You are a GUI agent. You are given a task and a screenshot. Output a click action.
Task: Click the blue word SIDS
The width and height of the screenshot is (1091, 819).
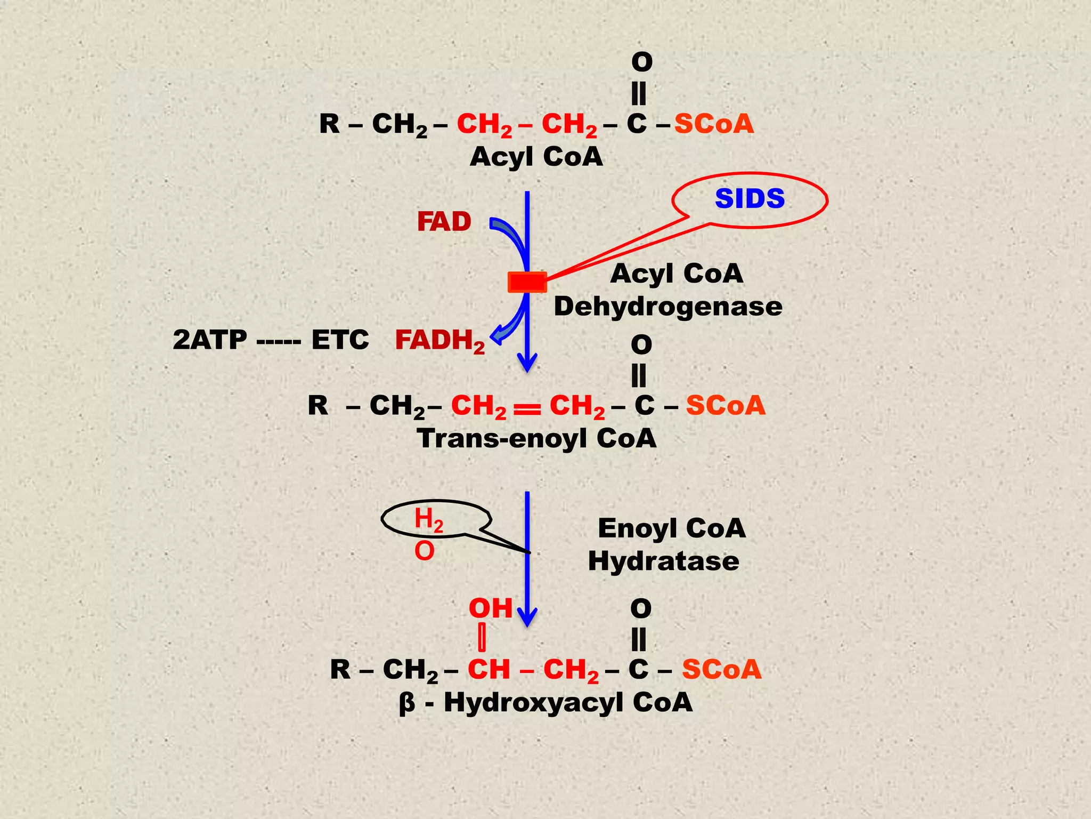tap(750, 198)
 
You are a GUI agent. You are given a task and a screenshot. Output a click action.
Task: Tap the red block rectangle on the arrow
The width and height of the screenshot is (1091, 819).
tap(527, 282)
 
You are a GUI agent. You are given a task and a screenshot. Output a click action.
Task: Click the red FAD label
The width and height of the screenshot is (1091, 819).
tap(444, 221)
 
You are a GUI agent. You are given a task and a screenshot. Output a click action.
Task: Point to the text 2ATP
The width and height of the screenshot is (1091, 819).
tap(210, 340)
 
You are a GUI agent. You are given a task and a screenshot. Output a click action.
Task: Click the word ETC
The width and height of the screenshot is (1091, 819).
tap(340, 340)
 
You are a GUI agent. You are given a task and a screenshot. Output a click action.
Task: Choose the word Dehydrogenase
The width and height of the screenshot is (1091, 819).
tap(668, 307)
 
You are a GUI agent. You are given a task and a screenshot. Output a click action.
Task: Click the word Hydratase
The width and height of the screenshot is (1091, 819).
tap(664, 561)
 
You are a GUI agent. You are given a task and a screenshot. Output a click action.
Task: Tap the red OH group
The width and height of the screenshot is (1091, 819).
tap(490, 608)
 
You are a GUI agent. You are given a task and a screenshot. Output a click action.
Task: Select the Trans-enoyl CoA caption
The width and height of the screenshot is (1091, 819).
tap(536, 438)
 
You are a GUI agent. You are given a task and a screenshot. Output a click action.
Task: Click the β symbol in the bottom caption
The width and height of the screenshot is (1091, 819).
tap(406, 703)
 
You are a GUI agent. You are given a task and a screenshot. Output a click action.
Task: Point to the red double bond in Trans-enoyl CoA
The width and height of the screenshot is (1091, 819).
tap(527, 408)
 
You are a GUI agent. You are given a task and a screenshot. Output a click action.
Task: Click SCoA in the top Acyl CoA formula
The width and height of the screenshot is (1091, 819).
tap(714, 124)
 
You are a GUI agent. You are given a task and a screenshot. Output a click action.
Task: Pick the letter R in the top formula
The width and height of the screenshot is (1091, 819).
tap(329, 124)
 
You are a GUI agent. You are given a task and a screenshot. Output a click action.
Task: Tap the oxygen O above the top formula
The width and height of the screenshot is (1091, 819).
tap(641, 62)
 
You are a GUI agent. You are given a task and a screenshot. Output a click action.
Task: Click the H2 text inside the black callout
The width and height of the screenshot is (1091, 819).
tap(428, 519)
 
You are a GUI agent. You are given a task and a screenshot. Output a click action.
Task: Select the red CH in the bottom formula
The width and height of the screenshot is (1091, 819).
tap(488, 669)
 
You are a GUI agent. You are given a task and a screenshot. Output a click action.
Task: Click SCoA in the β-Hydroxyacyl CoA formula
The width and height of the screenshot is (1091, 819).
tap(722, 669)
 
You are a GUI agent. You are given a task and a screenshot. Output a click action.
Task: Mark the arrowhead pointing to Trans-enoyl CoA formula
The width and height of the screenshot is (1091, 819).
tap(527, 365)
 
